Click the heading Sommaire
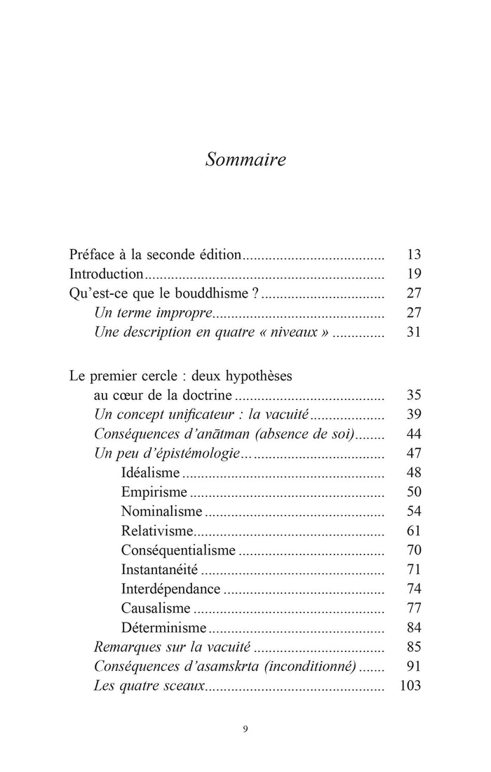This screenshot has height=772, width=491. [x=245, y=160]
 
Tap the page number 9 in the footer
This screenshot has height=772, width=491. [x=245, y=728]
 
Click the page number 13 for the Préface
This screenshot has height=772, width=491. [x=413, y=254]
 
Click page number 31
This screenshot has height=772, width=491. [x=413, y=333]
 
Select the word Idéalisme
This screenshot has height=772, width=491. [x=151, y=473]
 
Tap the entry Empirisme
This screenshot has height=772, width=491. [x=154, y=493]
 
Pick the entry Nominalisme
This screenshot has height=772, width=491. [x=161, y=512]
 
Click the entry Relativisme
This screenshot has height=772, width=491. [x=157, y=531]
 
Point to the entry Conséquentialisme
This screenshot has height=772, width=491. [x=178, y=550]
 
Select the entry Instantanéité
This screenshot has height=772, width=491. [x=160, y=570]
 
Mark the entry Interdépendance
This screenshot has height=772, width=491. [x=170, y=589]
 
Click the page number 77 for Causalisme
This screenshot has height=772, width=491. [x=413, y=608]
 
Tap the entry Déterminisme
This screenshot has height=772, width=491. [x=163, y=627]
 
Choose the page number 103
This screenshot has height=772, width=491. [x=410, y=685]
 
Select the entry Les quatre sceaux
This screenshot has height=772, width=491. [x=149, y=685]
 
